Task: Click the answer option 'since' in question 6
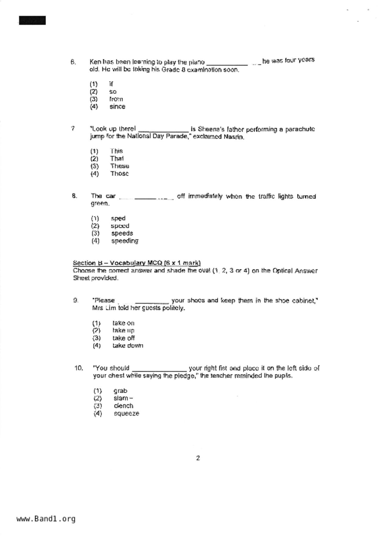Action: pyautogui.click(x=117, y=107)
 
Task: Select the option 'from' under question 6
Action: pyautogui.click(x=116, y=99)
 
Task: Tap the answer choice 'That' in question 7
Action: pyautogui.click(x=117, y=159)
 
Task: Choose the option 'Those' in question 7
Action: pyautogui.click(x=119, y=174)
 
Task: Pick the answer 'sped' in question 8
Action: pyautogui.click(x=118, y=218)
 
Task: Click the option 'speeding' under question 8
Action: pyautogui.click(x=124, y=241)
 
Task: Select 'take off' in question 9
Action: pyautogui.click(x=123, y=338)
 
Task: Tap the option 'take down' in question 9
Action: pyautogui.click(x=128, y=346)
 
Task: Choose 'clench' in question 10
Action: pyautogui.click(x=123, y=406)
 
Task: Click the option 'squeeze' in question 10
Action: pyautogui.click(x=126, y=413)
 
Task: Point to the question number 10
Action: pyautogui.click(x=78, y=368)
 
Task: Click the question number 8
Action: pyautogui.click(x=74, y=196)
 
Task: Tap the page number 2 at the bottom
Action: pyautogui.click(x=198, y=458)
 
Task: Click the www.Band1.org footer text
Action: pyautogui.click(x=46, y=519)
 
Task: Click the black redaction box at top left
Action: pyautogui.click(x=32, y=20)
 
